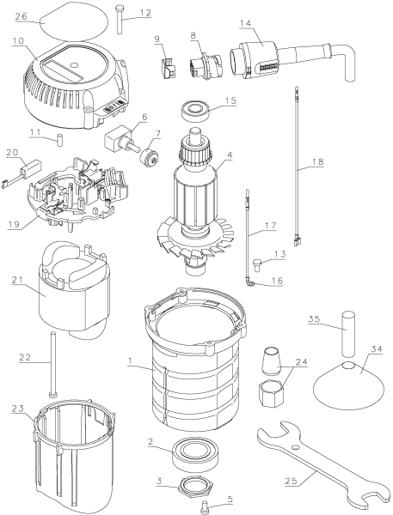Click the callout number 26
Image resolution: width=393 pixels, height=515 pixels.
(x=21, y=16)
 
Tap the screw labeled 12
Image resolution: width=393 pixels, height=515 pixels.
(x=120, y=19)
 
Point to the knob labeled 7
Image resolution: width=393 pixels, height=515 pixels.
(x=148, y=158)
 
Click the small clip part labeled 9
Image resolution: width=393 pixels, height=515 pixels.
(x=168, y=68)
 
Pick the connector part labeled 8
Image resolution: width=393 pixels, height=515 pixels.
(x=206, y=65)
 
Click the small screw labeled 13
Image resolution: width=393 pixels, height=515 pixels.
(x=257, y=264)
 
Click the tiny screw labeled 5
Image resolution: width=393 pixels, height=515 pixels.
(x=204, y=506)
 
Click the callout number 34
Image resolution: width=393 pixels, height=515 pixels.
(x=377, y=348)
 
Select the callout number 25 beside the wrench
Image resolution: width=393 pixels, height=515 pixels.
(x=291, y=481)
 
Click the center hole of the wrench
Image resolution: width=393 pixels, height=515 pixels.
(x=296, y=447)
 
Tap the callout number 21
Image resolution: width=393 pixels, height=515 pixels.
(x=17, y=279)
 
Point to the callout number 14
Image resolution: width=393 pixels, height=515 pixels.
(x=245, y=23)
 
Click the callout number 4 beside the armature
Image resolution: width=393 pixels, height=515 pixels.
(x=230, y=154)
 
